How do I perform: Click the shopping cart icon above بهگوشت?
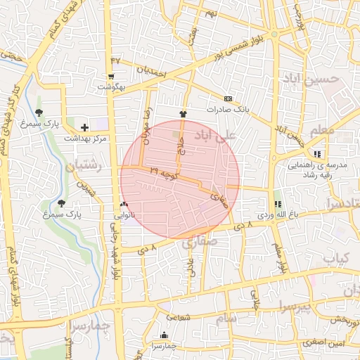pyautogui.click(x=111, y=77)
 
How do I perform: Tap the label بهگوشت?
pyautogui.click(x=111, y=86)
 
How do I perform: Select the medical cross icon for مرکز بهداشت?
pyautogui.click(x=85, y=127)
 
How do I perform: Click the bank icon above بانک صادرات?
pyautogui.click(x=229, y=99)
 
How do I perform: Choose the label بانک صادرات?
pyautogui.click(x=229, y=110)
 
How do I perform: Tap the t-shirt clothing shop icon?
pyautogui.click(x=184, y=113)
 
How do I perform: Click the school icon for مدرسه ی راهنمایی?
pyautogui.click(x=318, y=154)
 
